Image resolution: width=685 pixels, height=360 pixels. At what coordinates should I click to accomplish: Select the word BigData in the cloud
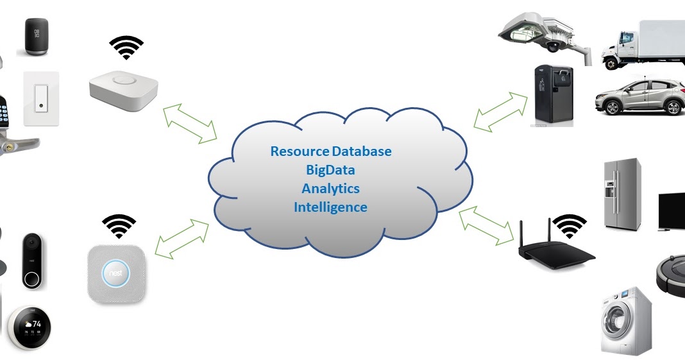330,170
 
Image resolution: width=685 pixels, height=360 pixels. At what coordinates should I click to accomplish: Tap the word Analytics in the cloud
330,189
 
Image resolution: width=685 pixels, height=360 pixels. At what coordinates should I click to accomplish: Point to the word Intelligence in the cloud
330,207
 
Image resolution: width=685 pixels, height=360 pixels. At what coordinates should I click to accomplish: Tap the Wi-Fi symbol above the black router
570,226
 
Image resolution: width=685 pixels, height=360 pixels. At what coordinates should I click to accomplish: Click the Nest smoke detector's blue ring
117,273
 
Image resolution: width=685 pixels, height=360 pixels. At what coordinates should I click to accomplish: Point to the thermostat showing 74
30,327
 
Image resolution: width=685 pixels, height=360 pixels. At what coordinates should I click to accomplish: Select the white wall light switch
41,98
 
